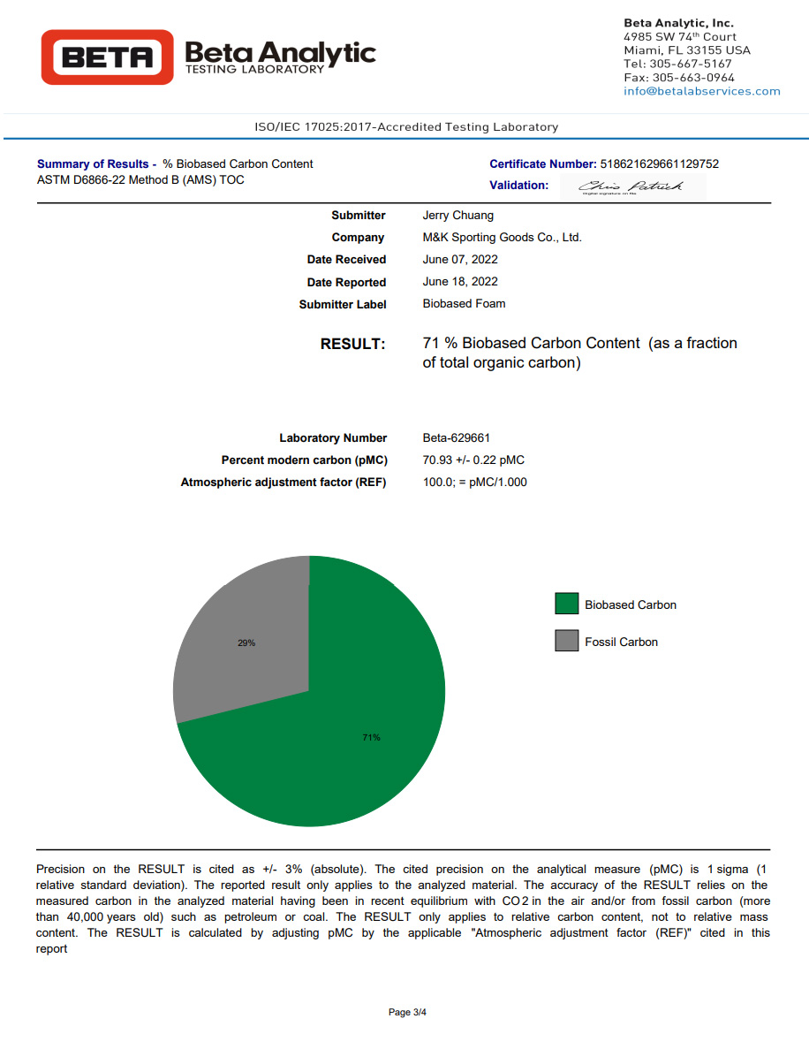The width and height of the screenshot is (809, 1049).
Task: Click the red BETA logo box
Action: tap(107, 57)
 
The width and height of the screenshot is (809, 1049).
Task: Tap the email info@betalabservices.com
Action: tap(702, 91)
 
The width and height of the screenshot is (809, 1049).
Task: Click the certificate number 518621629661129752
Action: tap(659, 163)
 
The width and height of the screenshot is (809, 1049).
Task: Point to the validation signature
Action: tap(632, 186)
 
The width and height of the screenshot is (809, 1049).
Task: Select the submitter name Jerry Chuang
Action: tap(458, 215)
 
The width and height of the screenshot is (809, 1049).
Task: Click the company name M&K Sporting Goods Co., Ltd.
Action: tap(503, 237)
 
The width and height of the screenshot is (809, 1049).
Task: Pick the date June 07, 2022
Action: tap(460, 259)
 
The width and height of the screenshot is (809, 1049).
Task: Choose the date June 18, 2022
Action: tap(460, 281)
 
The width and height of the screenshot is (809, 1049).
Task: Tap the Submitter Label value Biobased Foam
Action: tap(465, 303)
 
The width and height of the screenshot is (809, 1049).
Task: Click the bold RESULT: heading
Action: tap(353, 344)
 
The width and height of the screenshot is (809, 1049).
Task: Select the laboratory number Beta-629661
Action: tap(457, 437)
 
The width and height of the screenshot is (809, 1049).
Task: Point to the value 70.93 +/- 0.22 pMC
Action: tap(473, 460)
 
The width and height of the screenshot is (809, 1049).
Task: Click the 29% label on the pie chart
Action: tap(246, 642)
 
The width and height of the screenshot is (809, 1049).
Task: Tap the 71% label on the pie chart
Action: tap(371, 737)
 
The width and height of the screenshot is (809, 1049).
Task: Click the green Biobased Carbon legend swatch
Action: tap(566, 604)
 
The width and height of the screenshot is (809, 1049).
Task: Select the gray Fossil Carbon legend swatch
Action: tap(566, 641)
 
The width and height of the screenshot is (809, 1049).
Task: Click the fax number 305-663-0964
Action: tap(692, 78)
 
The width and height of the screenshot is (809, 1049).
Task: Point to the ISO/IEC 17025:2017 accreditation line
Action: tap(406, 127)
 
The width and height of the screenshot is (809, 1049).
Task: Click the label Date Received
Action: tap(346, 259)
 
